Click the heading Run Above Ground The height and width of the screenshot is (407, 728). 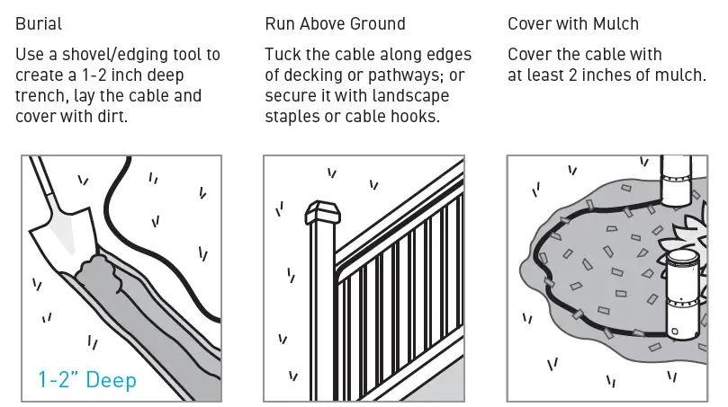[x=335, y=23]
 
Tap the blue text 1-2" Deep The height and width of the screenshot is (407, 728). [x=87, y=380]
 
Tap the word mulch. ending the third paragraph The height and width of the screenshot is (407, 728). [x=680, y=75]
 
